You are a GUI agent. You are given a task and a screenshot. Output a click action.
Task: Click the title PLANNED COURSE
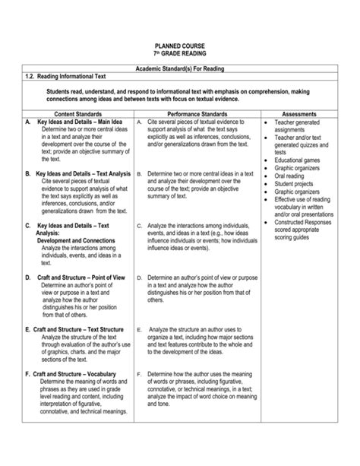(x=180, y=47)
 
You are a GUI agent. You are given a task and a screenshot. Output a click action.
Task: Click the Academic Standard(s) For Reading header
(x=180, y=69)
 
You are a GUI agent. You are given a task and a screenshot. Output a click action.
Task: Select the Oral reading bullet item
(x=293, y=176)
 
